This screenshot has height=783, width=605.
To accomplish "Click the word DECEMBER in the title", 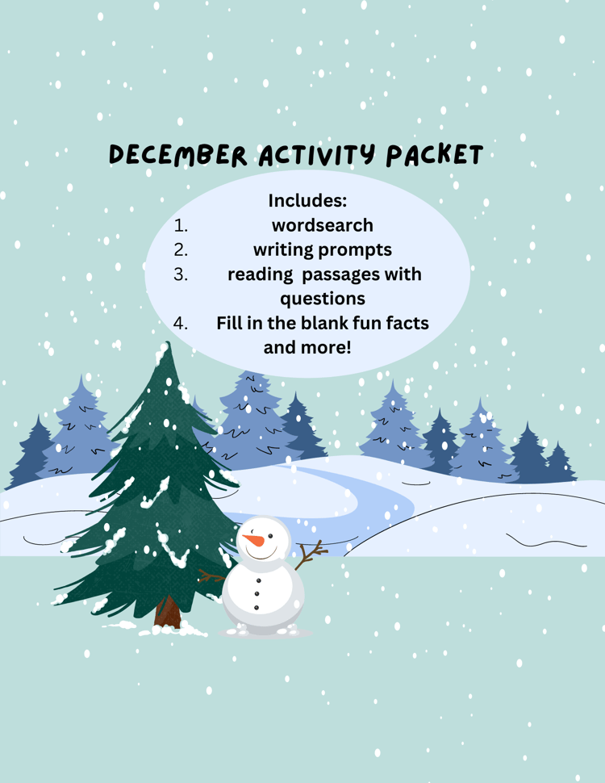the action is coord(177,155).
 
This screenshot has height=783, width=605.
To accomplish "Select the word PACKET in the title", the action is coord(435,155).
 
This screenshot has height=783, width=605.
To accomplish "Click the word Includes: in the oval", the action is coord(307,200).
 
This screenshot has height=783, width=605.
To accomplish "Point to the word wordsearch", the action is coord(323,225).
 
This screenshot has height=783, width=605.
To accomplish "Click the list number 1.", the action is coord(181,226).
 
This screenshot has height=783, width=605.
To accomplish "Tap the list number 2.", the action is coord(181,249).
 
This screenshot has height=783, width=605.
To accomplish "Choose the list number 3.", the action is coord(181,274).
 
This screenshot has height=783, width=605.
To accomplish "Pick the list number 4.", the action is coord(181,323).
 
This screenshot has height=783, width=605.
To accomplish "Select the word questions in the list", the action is coord(323,299).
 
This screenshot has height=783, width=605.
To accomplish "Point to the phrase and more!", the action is coord(307,347).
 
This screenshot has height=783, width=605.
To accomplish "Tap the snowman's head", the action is coord(264,538).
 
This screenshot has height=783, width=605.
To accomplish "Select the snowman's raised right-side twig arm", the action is coord(311,555).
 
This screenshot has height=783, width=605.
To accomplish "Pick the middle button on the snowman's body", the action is coord(257,594).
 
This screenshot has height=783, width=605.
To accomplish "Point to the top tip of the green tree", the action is coord(168,342).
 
